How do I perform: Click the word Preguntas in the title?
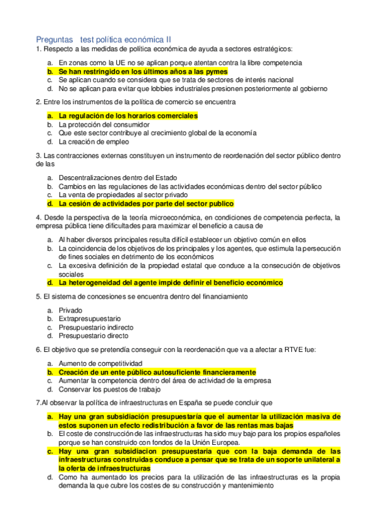(x=55, y=39)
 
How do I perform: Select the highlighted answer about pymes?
(x=142, y=72)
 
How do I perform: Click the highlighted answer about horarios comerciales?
(x=127, y=115)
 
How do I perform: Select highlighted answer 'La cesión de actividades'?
(x=146, y=204)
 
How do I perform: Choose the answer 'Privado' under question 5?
(x=70, y=310)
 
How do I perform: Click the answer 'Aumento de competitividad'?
(x=100, y=363)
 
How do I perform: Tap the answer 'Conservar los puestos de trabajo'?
(x=109, y=389)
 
